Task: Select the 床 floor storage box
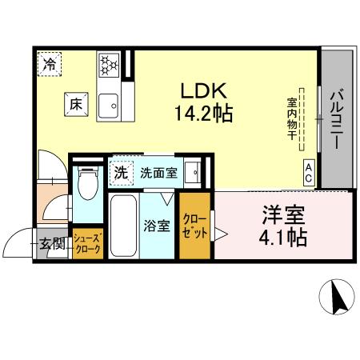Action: pyautogui.click(x=74, y=103)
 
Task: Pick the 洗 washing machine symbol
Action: pyautogui.click(x=121, y=171)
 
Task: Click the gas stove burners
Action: pyautogui.click(x=108, y=65)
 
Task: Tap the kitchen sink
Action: pyautogui.click(x=108, y=104)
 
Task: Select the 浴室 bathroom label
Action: pyautogui.click(x=157, y=226)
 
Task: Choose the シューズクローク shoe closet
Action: pyautogui.click(x=86, y=244)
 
